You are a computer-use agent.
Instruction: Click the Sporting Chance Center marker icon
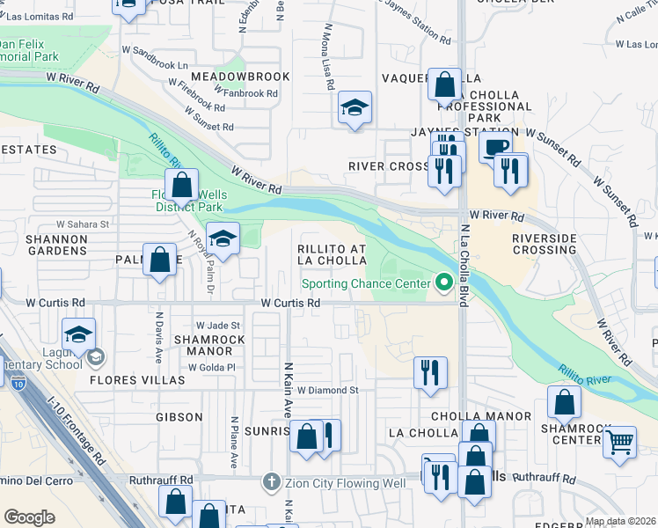pyautogui.click(x=444, y=283)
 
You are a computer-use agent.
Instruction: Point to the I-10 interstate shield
pyautogui.click(x=18, y=380)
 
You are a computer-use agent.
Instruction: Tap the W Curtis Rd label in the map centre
pyautogui.click(x=289, y=303)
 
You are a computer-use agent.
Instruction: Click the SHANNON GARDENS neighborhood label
pyautogui.click(x=32, y=246)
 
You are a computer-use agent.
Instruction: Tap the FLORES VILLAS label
pyautogui.click(x=137, y=380)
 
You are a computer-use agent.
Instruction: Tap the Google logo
pyautogui.click(x=29, y=517)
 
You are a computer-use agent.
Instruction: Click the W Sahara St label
pyautogui.click(x=82, y=224)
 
